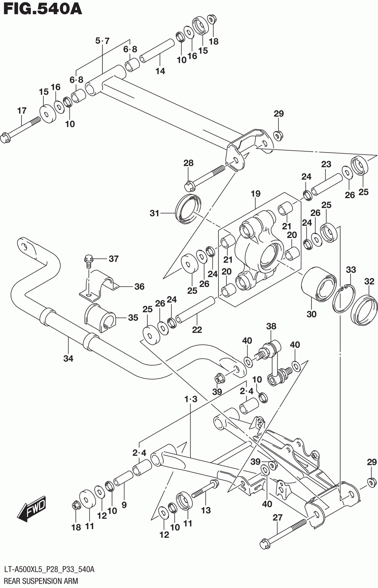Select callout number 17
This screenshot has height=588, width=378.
[22, 111]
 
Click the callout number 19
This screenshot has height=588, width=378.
[255, 194]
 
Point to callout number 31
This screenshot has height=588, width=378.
[155, 213]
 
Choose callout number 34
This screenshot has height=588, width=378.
[68, 358]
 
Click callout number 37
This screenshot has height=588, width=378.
[114, 259]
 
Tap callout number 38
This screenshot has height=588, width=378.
[271, 326]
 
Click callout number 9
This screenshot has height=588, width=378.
[124, 505]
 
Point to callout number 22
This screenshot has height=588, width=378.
[197, 330]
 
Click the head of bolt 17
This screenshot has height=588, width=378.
[6, 138]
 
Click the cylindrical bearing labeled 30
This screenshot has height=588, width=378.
[318, 284]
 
